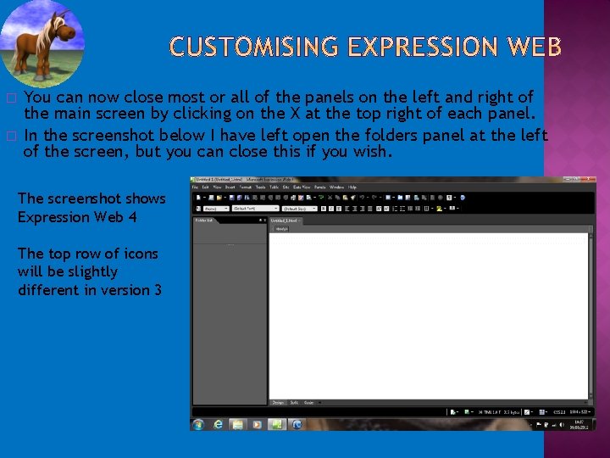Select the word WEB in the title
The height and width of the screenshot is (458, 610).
(x=532, y=48)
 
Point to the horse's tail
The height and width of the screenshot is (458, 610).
(x=16, y=46)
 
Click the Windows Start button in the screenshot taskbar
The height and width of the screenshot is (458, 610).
(x=198, y=423)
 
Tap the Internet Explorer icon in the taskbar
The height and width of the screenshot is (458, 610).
(x=219, y=423)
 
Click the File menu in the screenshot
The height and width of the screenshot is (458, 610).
(x=195, y=187)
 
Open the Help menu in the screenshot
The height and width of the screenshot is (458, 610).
(x=352, y=187)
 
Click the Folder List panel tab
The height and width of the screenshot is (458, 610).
(x=204, y=220)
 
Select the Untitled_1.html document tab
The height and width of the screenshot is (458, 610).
(x=285, y=220)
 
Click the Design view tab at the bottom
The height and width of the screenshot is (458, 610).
(x=277, y=403)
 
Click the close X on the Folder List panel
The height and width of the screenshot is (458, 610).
(x=264, y=220)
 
